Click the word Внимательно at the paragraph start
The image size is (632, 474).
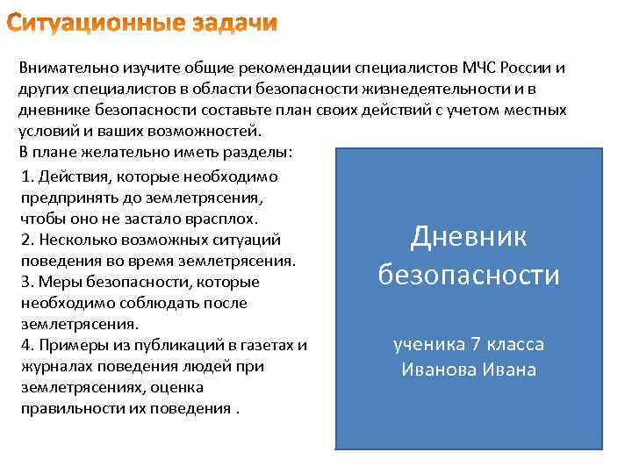click(65, 68)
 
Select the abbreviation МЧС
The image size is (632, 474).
click(481, 68)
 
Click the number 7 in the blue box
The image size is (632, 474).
click(474, 344)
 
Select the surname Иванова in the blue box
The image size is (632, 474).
click(439, 369)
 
